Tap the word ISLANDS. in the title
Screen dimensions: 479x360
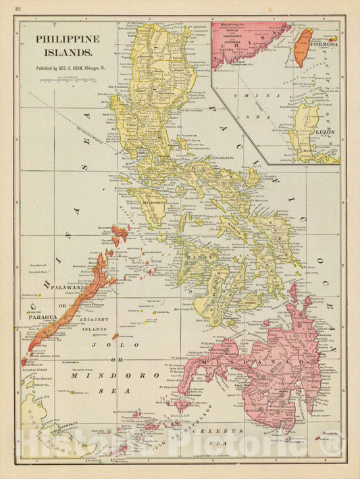click(x=65, y=51)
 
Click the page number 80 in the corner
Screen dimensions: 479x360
click(x=17, y=7)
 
